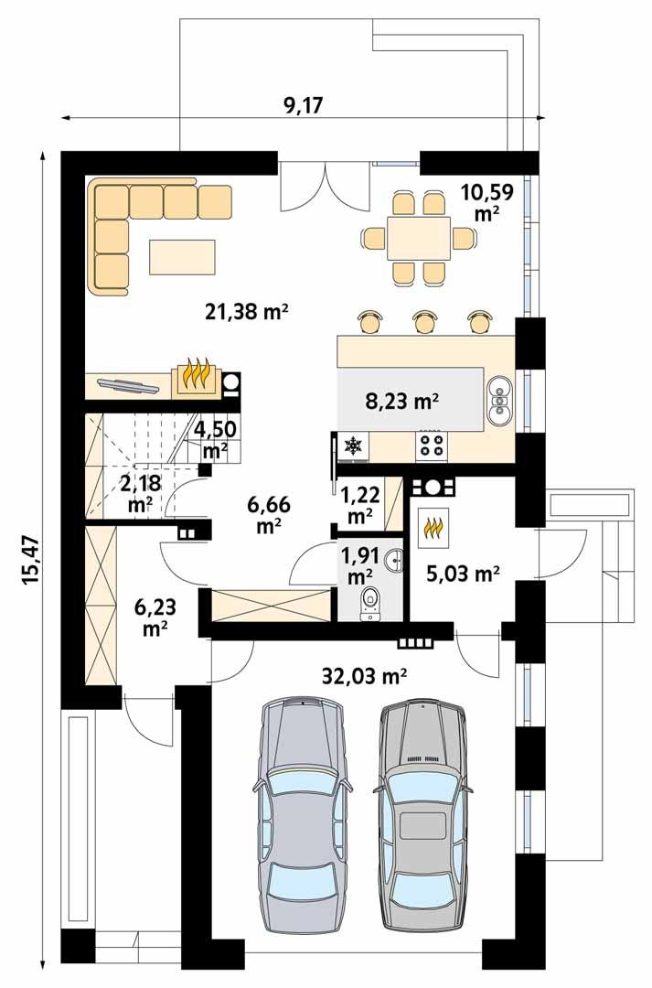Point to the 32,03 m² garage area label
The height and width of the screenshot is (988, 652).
click(364, 676)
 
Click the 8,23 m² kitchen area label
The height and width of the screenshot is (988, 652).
click(402, 400)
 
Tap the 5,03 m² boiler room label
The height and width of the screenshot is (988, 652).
click(463, 574)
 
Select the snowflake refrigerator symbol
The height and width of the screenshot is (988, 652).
click(352, 446)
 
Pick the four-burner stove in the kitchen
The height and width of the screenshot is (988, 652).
click(433, 446)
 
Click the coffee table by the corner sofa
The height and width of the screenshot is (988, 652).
click(183, 257)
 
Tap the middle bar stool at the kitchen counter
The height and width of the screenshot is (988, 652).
click(424, 322)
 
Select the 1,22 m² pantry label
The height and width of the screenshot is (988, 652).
click(360, 505)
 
